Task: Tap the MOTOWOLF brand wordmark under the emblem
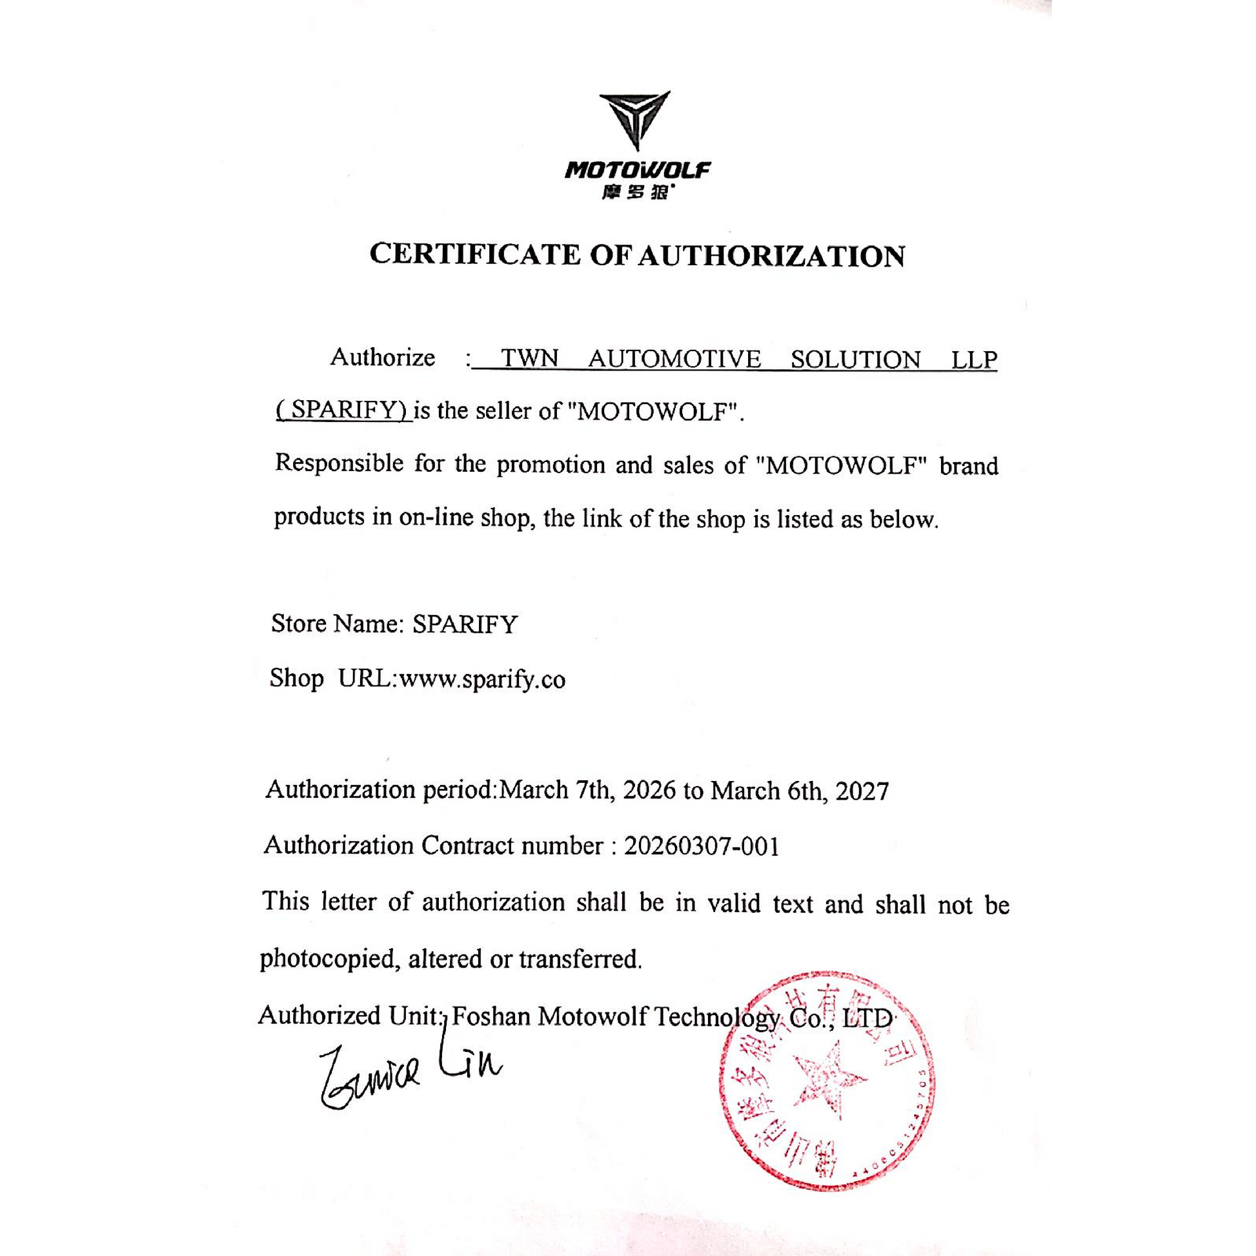(x=637, y=171)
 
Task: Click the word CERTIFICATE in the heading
(x=474, y=254)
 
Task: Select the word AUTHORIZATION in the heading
(x=771, y=256)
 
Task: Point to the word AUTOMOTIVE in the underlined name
(x=674, y=359)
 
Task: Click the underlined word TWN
(x=530, y=359)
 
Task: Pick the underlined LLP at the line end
(x=974, y=360)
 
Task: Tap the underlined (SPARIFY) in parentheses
(x=343, y=410)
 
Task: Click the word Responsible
(x=339, y=463)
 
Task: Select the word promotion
(x=551, y=465)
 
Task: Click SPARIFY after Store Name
(x=465, y=624)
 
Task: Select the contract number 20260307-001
(x=702, y=846)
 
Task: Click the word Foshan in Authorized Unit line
(x=491, y=1015)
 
